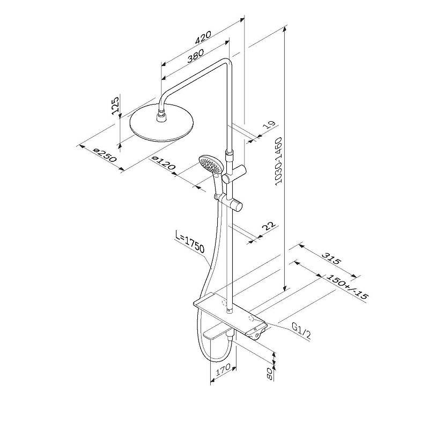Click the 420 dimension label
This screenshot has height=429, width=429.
(x=203, y=37)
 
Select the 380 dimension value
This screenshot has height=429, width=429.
(x=195, y=56)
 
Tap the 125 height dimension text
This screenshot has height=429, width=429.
(x=115, y=105)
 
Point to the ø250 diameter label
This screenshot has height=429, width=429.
(x=105, y=155)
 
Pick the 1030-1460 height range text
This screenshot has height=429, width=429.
(x=278, y=161)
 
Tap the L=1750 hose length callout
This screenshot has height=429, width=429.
(x=190, y=242)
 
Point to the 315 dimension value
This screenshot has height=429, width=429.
(x=331, y=258)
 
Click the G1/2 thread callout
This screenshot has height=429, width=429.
(x=301, y=330)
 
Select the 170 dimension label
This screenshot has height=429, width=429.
(x=223, y=369)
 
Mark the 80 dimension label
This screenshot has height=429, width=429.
(x=270, y=374)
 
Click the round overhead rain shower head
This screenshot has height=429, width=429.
(x=161, y=123)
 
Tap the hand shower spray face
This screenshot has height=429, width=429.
(x=210, y=164)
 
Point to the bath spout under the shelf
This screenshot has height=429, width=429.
(x=217, y=334)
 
